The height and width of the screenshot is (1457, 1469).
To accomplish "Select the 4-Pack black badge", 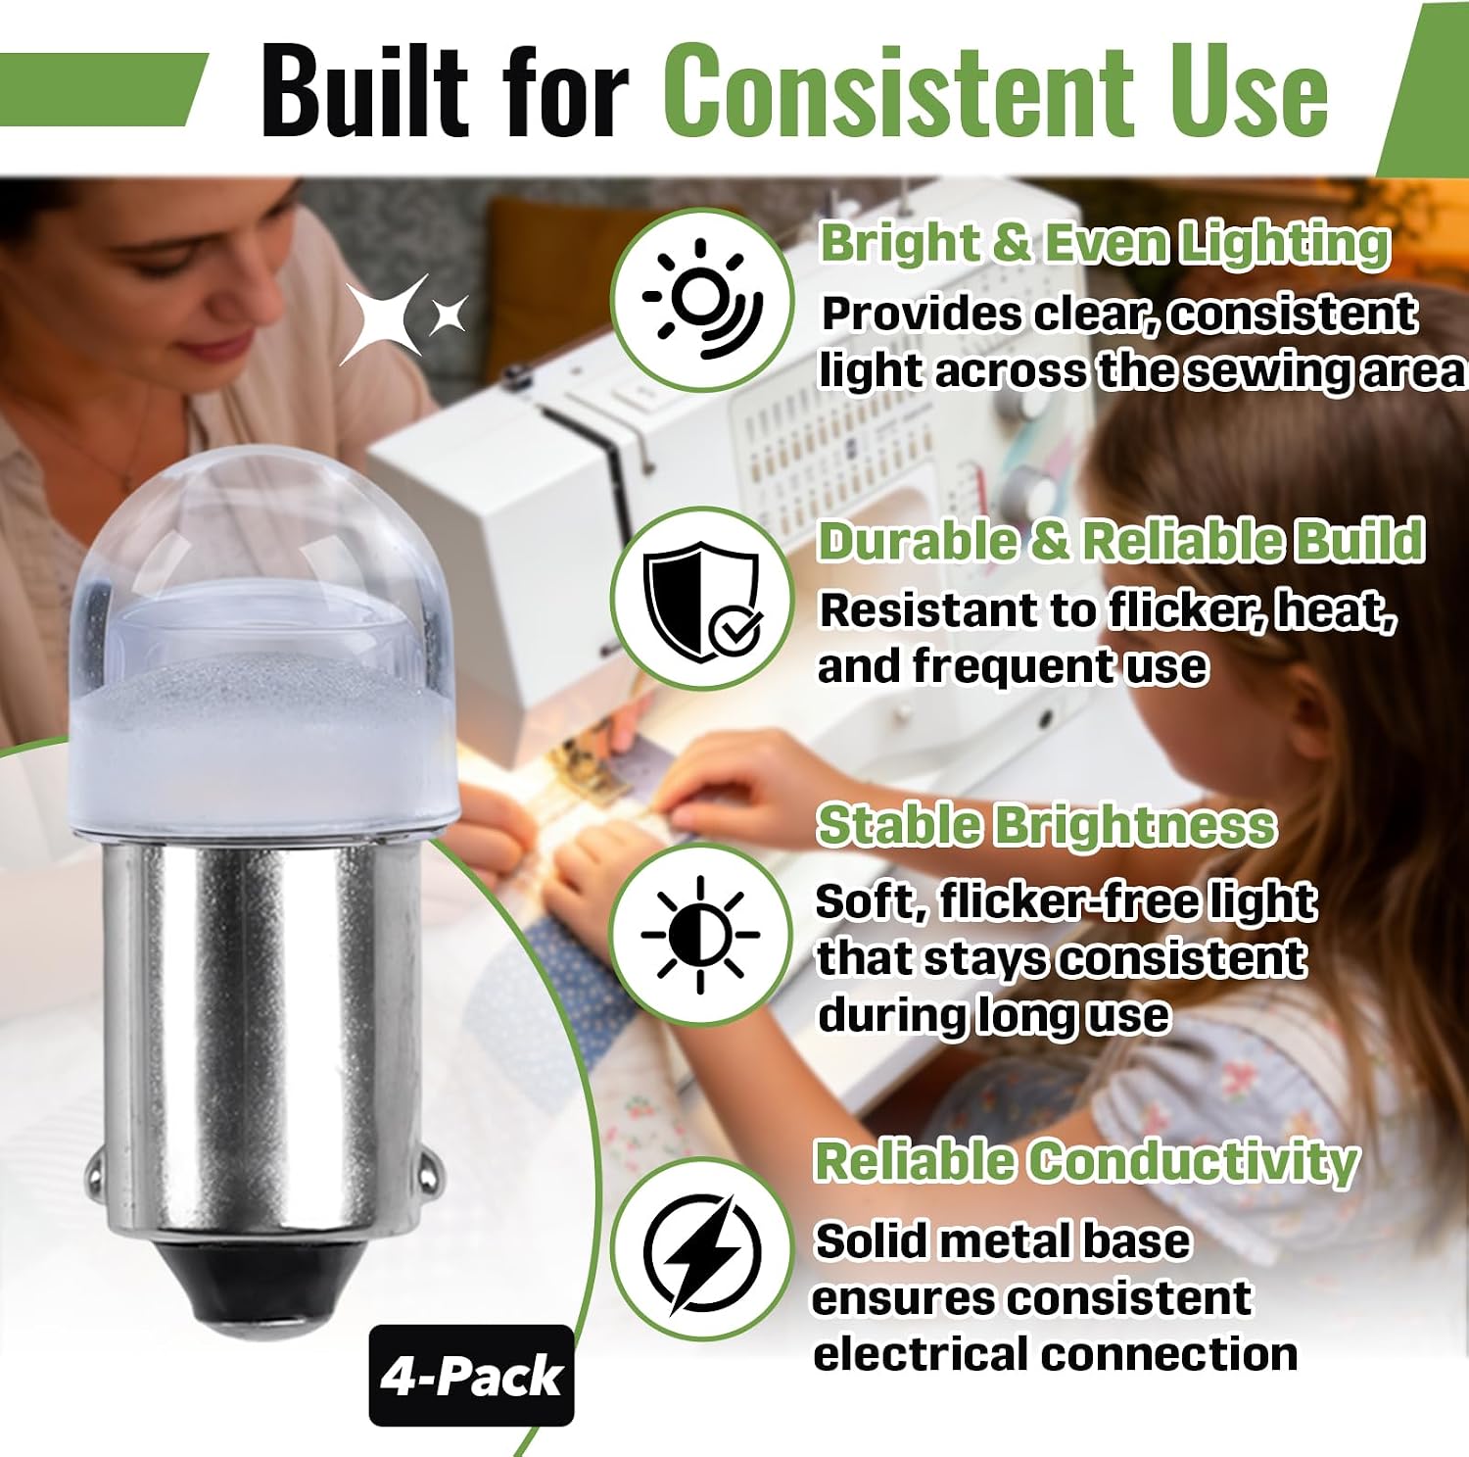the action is tap(471, 1375).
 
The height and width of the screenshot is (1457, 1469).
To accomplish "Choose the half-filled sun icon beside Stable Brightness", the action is tap(700, 935).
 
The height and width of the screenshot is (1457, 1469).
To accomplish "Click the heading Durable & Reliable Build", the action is tap(1121, 541).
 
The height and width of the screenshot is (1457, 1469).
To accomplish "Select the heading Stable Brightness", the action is tap(1047, 825).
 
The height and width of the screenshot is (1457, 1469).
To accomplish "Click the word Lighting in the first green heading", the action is tap(1284, 245).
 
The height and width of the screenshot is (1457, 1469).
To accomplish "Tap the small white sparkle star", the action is tap(450, 314).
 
